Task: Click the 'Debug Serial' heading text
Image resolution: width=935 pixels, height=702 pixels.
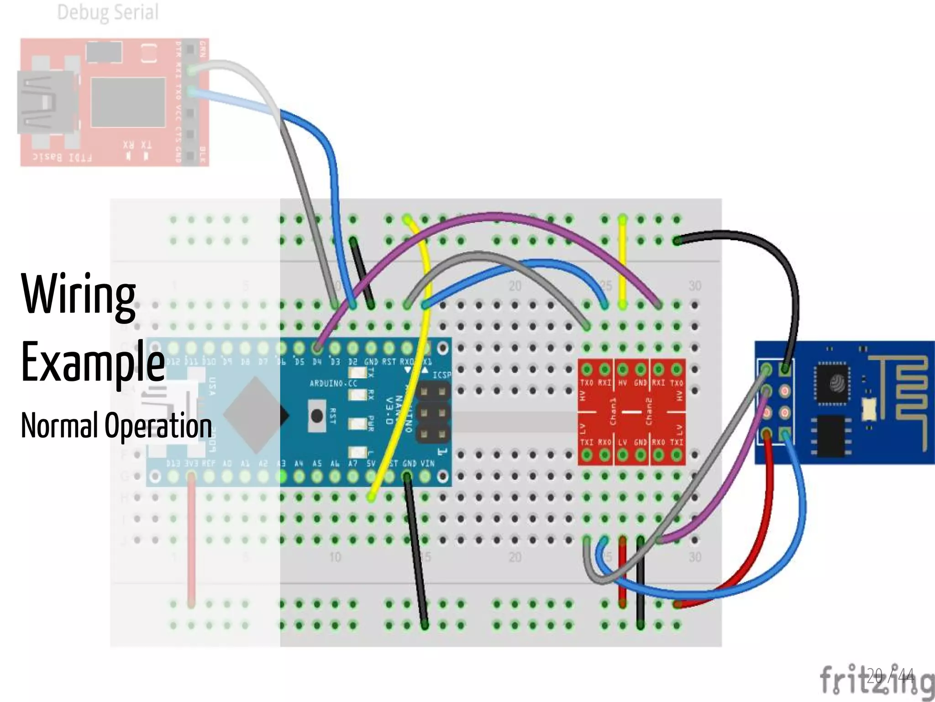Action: click(108, 12)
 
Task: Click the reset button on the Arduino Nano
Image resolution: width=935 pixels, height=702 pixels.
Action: click(317, 416)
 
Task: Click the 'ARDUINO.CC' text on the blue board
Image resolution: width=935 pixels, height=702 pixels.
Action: click(333, 383)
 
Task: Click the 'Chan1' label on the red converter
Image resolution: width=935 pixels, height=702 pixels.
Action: click(613, 411)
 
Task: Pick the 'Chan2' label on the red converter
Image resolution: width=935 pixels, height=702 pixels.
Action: click(649, 411)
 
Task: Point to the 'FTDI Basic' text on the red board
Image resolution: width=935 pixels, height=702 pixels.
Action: click(62, 158)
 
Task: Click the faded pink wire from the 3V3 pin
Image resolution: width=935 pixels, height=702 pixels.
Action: click(191, 539)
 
